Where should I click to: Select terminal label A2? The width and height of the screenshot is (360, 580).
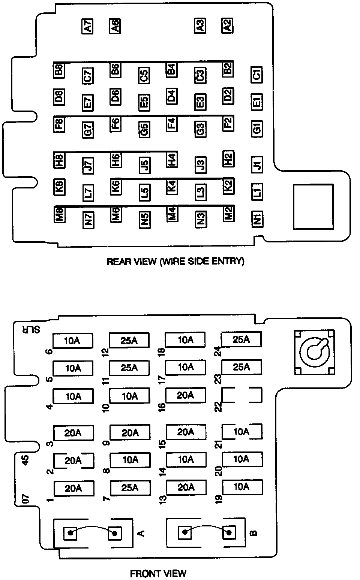click(x=227, y=25)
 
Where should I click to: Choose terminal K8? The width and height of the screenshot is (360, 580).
click(x=59, y=187)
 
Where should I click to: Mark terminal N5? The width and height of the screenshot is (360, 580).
click(x=144, y=220)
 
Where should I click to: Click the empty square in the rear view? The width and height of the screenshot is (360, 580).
click(x=313, y=206)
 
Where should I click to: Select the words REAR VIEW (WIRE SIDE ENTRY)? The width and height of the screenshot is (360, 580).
click(x=175, y=261)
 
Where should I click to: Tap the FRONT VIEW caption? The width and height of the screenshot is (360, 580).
click(x=158, y=573)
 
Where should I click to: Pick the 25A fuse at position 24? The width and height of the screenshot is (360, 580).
click(x=241, y=339)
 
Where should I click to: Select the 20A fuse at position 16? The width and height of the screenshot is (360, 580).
click(x=185, y=395)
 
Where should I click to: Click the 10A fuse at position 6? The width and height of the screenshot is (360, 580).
click(x=73, y=341)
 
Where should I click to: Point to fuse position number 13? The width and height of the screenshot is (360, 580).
click(x=162, y=499)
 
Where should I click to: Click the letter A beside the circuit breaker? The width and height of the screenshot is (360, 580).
click(x=141, y=533)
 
